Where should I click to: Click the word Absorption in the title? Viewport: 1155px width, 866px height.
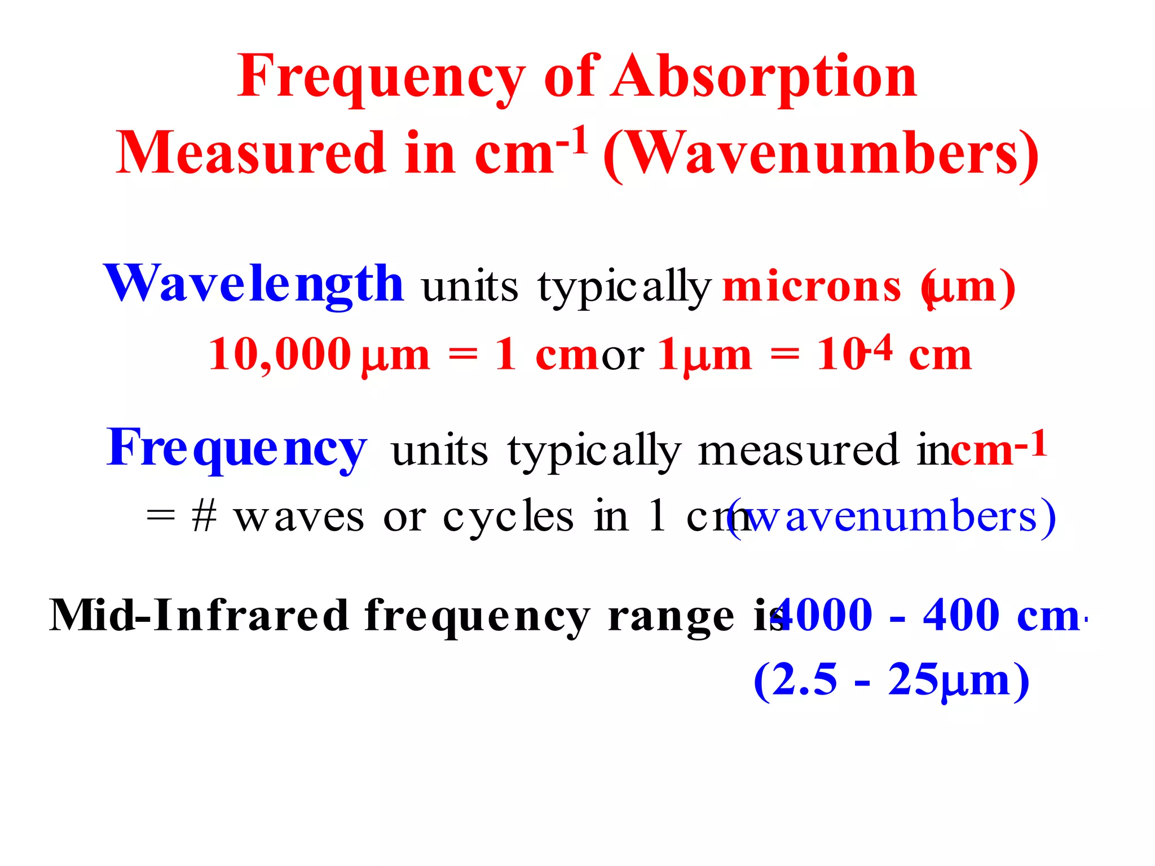tap(765, 77)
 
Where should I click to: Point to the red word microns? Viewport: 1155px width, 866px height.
tap(812, 287)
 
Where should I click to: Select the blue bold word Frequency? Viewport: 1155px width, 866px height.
tap(237, 448)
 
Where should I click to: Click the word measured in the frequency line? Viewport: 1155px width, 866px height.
tap(799, 450)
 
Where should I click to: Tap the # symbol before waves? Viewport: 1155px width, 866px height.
tap(204, 516)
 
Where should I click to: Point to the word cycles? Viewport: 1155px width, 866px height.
tap(508, 518)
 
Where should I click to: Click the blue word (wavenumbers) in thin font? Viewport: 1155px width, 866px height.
tap(891, 518)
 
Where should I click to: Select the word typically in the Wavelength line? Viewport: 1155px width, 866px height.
tap(624, 288)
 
